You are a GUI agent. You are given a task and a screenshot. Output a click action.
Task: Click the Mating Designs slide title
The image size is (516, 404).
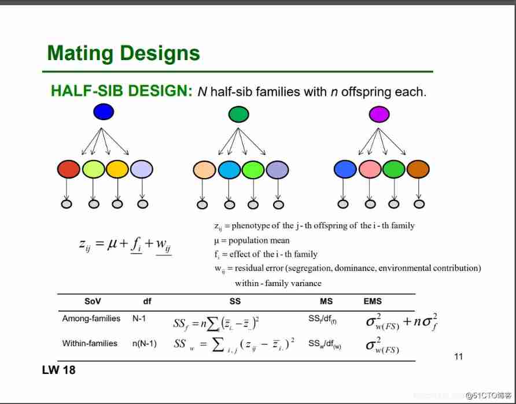[x=123, y=54]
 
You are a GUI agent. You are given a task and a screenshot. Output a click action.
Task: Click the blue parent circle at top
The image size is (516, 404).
[x=104, y=112]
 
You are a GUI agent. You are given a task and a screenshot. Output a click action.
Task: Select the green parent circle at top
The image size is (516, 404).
[x=238, y=114]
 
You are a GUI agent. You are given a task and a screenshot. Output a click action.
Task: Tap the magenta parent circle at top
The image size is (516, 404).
[x=379, y=114]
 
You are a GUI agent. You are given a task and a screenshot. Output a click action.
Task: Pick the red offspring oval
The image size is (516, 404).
[x=68, y=169]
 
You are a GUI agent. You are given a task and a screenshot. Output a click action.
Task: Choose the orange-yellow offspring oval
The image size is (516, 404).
[x=117, y=169]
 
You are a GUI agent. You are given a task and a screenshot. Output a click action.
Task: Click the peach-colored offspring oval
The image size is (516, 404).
[x=204, y=169]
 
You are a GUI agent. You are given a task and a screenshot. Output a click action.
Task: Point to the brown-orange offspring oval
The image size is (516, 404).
[x=418, y=169]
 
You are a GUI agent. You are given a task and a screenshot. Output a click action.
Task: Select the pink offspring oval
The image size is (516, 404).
[x=370, y=169]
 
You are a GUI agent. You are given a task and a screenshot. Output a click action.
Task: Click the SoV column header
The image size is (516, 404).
[x=93, y=301]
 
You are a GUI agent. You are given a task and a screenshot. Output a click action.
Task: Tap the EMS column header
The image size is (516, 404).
[x=373, y=301]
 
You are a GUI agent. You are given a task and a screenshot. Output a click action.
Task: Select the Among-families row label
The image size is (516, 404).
[x=91, y=318]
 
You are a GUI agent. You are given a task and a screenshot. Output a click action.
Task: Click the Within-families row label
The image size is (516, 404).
[x=90, y=343]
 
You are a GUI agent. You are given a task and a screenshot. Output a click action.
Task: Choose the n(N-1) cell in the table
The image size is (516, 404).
[x=144, y=343]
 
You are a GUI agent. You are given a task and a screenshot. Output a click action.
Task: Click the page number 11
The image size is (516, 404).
[x=459, y=356]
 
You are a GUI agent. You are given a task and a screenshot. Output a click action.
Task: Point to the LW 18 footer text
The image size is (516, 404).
[x=58, y=370]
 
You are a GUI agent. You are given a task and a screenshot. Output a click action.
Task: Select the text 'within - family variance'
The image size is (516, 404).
[x=278, y=283]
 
